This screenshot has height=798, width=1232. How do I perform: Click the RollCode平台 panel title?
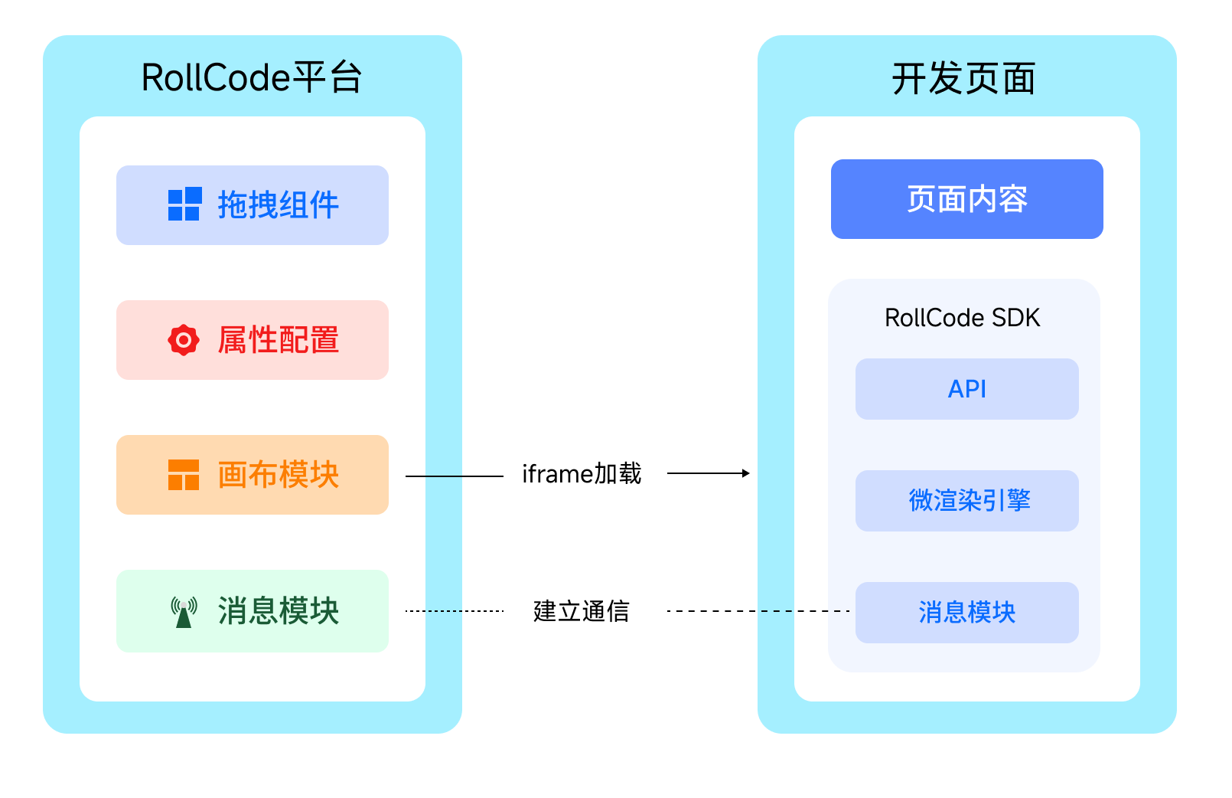click(x=252, y=78)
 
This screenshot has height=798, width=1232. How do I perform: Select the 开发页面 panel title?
click(x=963, y=79)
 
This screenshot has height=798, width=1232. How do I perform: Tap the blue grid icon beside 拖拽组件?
click(x=184, y=204)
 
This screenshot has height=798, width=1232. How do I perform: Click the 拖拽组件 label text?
click(x=279, y=205)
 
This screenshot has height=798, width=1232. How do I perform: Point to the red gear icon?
click(x=184, y=340)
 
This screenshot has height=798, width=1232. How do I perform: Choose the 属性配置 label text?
click(x=279, y=340)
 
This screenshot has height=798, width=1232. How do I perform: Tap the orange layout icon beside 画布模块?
click(x=184, y=475)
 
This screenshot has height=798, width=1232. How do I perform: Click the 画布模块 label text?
click(x=279, y=475)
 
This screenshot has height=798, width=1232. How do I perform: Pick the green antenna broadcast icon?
click(x=184, y=612)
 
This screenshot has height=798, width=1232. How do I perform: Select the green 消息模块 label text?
click(x=279, y=611)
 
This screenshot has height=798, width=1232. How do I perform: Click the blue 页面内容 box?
click(x=966, y=199)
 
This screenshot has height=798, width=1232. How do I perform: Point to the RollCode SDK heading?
click(x=962, y=318)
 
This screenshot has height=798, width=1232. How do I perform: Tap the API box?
click(x=966, y=389)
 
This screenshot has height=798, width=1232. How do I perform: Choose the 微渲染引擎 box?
click(x=966, y=501)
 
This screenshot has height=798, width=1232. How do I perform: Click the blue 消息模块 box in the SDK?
click(x=966, y=613)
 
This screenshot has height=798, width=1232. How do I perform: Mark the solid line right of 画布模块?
click(x=434, y=476)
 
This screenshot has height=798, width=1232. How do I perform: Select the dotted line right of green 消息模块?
click(x=434, y=611)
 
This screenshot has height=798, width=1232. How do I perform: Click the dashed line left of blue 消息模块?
click(x=805, y=611)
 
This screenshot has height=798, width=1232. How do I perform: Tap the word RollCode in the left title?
click(x=216, y=78)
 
